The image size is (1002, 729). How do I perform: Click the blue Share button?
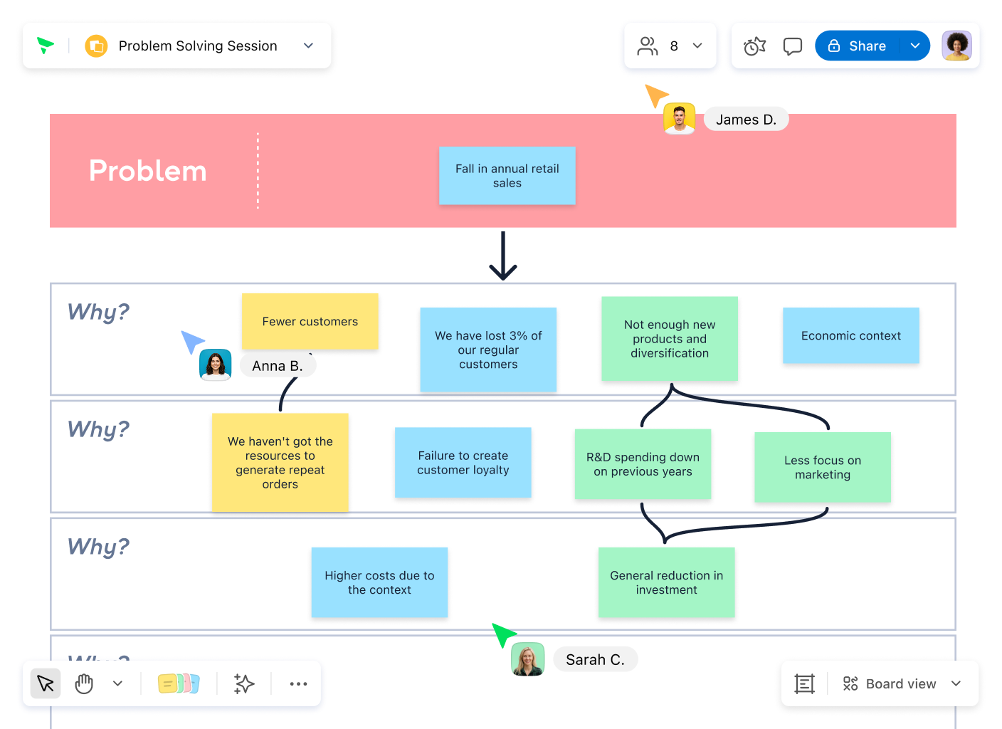tap(857, 46)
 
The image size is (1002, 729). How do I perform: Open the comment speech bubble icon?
tap(792, 46)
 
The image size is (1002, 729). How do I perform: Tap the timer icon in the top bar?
tap(754, 46)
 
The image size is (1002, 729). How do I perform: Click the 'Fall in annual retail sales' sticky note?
tap(507, 175)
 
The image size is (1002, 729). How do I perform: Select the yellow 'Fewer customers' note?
tap(310, 321)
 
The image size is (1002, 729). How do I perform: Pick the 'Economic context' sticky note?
tap(851, 335)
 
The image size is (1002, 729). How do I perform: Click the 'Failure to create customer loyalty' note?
tap(463, 462)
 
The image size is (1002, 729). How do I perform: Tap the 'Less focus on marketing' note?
tap(823, 467)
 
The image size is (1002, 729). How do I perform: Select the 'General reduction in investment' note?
tap(667, 582)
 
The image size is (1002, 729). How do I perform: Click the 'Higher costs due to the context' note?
tap(379, 582)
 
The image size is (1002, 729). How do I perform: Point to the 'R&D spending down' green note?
tap(643, 464)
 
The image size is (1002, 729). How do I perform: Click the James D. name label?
tap(746, 119)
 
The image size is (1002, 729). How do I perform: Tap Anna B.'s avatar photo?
tap(215, 364)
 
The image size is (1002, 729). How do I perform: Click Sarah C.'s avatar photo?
tap(528, 659)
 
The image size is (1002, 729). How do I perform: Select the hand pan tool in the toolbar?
tap(84, 683)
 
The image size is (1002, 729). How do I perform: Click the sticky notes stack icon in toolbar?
tap(179, 683)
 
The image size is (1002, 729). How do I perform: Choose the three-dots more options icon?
tap(298, 684)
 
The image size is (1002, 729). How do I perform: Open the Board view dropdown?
tap(901, 684)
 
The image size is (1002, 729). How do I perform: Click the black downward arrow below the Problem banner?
tap(503, 256)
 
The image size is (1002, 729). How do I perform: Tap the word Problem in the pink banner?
tap(147, 170)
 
